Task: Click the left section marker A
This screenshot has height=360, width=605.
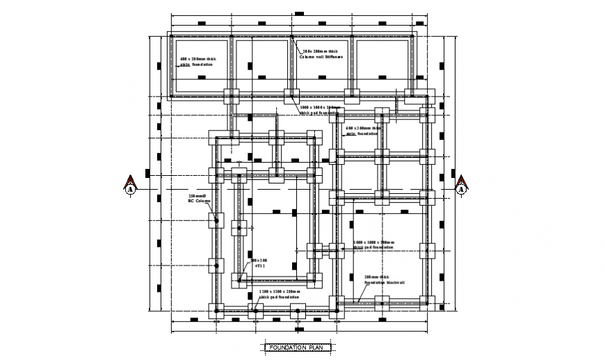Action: [x=130, y=186]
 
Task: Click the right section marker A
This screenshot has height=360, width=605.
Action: [x=461, y=186]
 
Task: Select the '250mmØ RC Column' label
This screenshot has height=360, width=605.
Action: [x=198, y=199]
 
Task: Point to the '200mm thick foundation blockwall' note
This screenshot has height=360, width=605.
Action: [x=384, y=279]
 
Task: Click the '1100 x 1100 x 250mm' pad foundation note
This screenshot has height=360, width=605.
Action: [x=280, y=294]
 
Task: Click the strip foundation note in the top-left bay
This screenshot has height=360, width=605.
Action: [x=197, y=62]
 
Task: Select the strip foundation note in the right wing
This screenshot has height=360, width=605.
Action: [x=363, y=131]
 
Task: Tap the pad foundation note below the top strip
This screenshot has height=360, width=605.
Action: [x=320, y=109]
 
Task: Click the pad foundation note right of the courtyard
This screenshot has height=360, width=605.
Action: [x=373, y=245]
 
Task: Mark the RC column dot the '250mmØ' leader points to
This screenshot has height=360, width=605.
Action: [x=216, y=221]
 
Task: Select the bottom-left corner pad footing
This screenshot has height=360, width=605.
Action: [x=216, y=311]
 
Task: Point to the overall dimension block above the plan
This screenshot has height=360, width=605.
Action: [x=299, y=13]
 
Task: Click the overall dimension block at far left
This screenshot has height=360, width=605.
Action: [x=147, y=172]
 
